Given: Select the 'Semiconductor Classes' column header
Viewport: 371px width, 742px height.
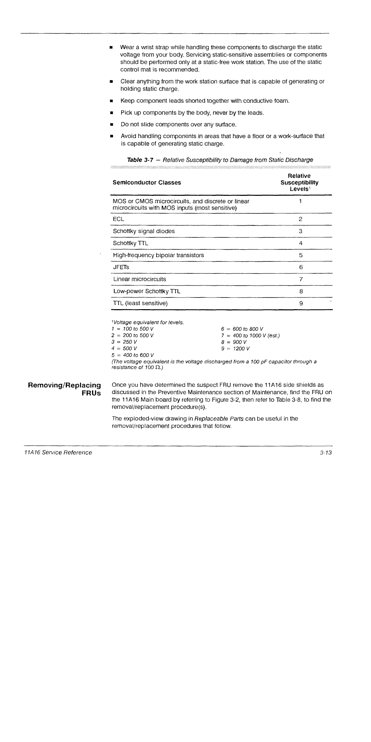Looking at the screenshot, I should coord(147,182).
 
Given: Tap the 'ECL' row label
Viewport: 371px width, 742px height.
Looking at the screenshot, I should coord(119,219).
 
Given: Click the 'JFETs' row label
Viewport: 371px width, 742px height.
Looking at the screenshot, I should coord(121,267).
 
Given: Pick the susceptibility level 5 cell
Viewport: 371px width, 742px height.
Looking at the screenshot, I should coord(301,255).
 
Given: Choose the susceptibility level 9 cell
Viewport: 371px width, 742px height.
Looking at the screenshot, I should coord(301,303).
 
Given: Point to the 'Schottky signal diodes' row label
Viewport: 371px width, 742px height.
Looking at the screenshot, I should coord(144,231).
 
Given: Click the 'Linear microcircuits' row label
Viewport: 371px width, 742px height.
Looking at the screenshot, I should coord(139,279).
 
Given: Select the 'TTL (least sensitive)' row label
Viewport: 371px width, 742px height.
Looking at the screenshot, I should coord(140,303).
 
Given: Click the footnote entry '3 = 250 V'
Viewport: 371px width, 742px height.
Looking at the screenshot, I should coord(125,342).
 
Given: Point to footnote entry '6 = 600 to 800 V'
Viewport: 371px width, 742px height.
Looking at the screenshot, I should coord(242,329).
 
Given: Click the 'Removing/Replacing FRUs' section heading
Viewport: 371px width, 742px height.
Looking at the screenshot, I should coord(64,389).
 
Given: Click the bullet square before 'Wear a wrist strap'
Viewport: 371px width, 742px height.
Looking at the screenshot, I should coord(111,47).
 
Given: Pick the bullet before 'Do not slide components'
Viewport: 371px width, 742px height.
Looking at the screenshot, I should coord(111,125).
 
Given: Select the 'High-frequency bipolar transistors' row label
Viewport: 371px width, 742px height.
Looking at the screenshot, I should coord(158,255).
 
